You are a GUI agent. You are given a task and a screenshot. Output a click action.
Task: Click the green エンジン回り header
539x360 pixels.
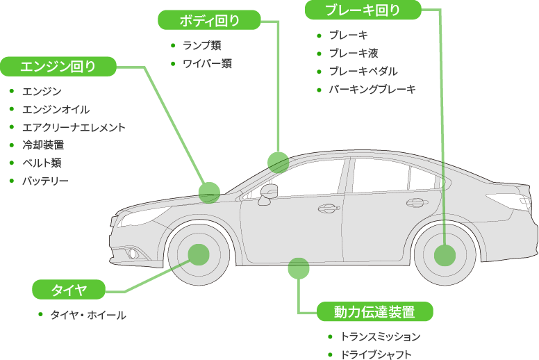[58, 67]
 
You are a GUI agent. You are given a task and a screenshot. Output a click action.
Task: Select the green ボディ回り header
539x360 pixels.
[210, 20]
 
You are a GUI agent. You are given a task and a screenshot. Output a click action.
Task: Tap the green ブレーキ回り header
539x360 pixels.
[363, 10]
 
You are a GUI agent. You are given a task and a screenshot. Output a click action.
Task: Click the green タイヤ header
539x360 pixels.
[69, 289]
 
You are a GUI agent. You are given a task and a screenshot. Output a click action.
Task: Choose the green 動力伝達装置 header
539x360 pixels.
[375, 311]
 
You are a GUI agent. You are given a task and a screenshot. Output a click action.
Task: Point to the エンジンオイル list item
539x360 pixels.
[56, 109]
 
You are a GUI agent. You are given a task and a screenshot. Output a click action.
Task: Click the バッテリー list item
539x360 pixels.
[45, 181]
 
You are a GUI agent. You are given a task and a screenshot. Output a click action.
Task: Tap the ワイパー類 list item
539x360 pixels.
[207, 63]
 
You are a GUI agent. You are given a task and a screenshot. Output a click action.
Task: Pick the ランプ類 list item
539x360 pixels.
[202, 45]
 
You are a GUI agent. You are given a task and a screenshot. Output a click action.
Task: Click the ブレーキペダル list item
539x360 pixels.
[363, 71]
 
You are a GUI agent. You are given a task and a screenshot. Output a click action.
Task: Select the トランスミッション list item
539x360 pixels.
[381, 336]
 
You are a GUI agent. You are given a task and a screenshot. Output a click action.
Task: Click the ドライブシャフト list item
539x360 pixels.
[376, 354]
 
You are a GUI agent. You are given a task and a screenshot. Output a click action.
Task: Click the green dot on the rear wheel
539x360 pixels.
[445, 255]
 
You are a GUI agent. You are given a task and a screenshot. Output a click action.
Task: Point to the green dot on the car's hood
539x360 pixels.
[209, 193]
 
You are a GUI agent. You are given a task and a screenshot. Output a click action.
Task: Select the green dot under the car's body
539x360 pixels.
[298, 268]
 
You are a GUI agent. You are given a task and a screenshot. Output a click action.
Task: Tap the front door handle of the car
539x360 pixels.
[330, 207]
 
